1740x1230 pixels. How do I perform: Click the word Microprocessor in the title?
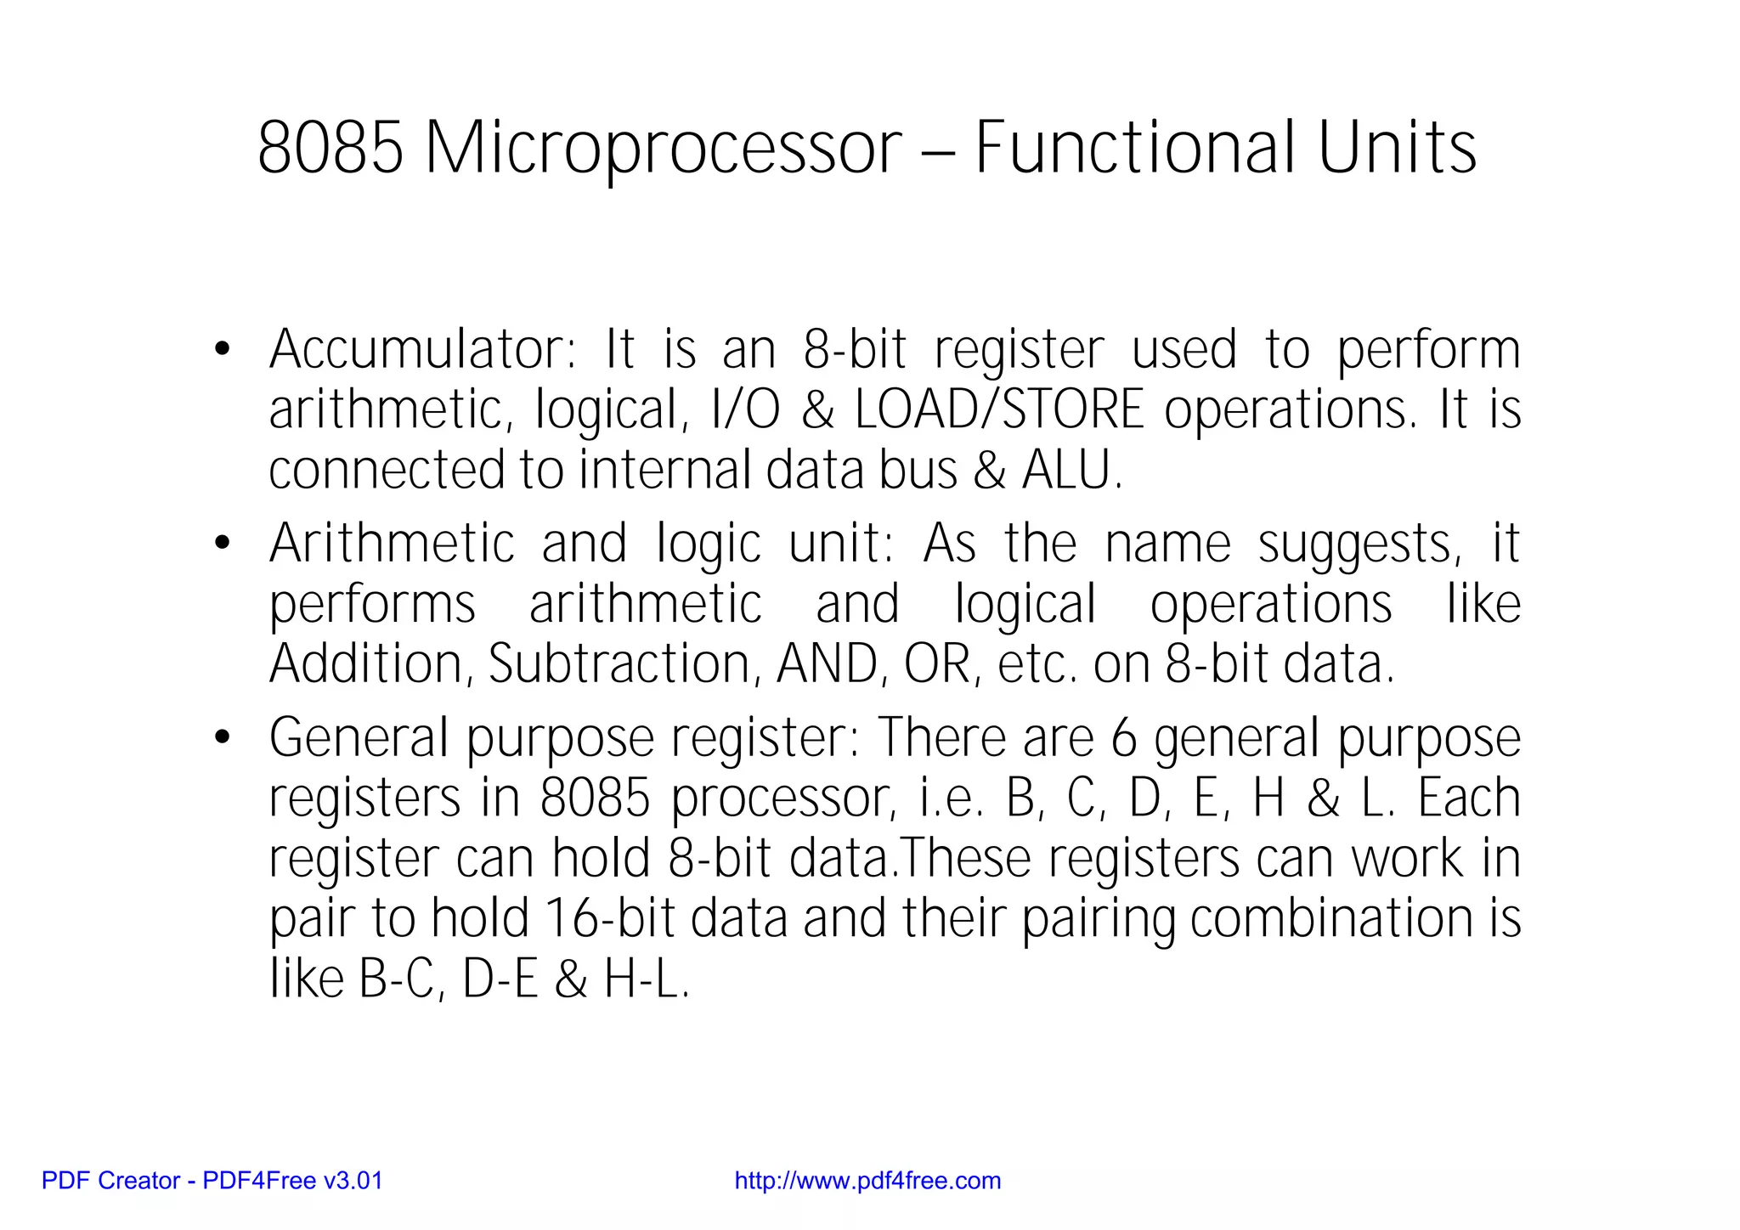coord(663,149)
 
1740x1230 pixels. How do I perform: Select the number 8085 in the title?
coord(330,149)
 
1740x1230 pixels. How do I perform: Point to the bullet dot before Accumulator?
coord(223,349)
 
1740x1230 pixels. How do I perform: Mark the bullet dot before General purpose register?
coord(223,737)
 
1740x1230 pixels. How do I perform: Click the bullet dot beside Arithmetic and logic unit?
coord(223,543)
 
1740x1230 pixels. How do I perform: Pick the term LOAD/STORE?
coord(1000,409)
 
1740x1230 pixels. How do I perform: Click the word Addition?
coord(366,663)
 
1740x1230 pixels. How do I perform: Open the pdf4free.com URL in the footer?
coord(867,1181)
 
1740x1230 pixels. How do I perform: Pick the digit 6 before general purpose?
coord(1123,737)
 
